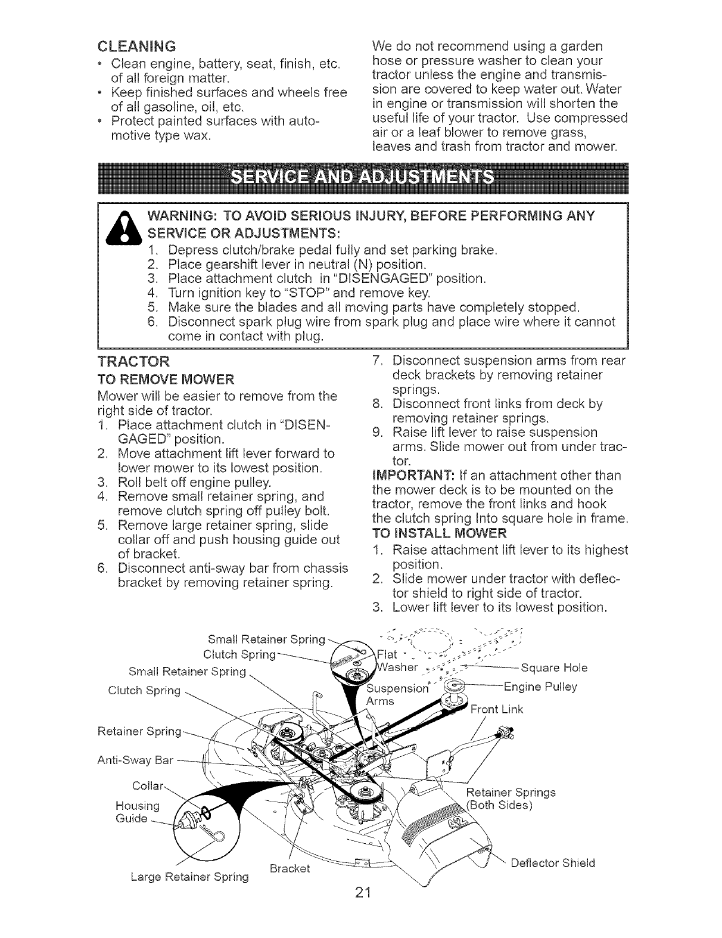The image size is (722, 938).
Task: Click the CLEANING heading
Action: [x=136, y=45]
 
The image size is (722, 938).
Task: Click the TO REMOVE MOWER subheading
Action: [x=166, y=379]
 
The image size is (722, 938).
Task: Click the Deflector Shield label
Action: [x=553, y=862]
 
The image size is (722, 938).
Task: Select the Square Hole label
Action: [x=554, y=667]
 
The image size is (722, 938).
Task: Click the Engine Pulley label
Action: [x=540, y=687]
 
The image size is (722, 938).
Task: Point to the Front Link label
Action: [x=496, y=709]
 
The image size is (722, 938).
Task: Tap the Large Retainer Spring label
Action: [x=189, y=877]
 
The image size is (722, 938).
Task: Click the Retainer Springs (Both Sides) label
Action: [x=510, y=799]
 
